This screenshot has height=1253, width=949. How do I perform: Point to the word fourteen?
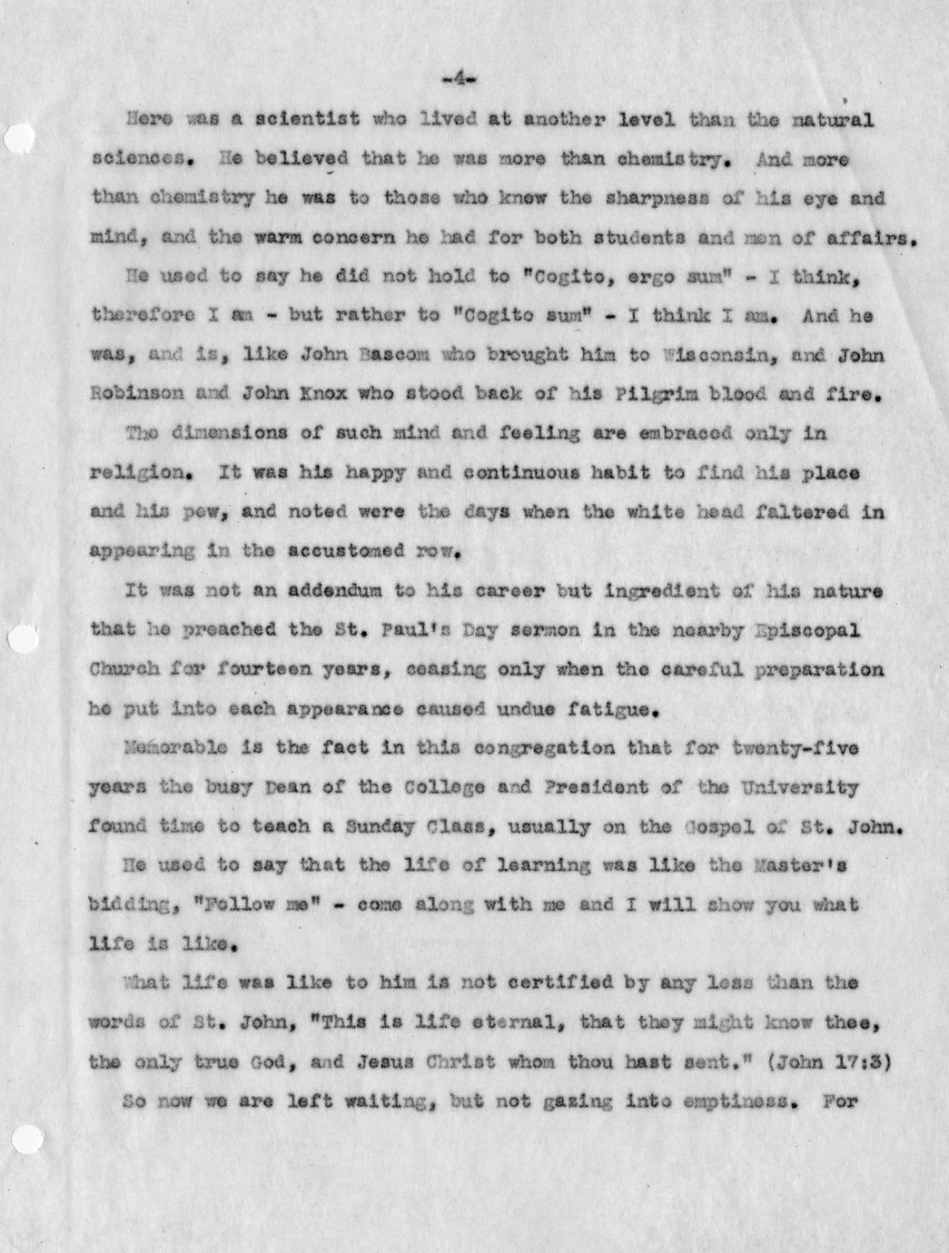[275, 670]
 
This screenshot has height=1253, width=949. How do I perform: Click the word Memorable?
[169, 749]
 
